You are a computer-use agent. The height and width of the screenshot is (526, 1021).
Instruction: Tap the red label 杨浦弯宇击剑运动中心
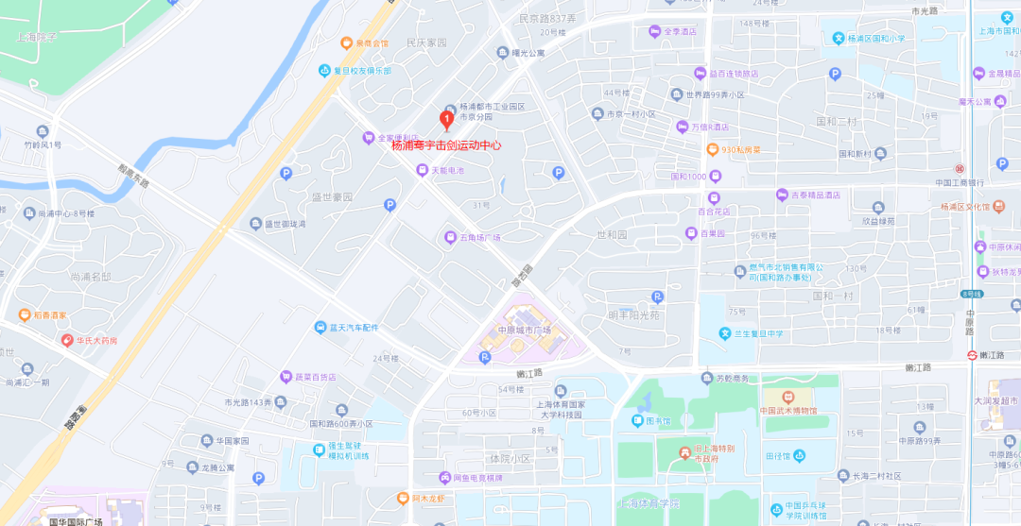(446, 146)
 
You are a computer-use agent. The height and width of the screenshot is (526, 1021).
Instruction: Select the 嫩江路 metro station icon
(972, 354)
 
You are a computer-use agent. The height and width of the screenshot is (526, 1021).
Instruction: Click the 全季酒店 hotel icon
(654, 31)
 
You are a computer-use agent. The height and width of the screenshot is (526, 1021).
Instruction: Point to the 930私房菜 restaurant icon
(713, 149)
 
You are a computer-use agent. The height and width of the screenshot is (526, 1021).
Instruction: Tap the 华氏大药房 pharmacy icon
(67, 340)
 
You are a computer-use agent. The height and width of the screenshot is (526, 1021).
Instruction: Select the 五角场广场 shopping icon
(451, 237)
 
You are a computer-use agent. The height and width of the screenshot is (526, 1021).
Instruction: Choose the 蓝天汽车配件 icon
(320, 327)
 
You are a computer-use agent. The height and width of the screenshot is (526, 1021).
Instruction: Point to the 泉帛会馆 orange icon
(347, 42)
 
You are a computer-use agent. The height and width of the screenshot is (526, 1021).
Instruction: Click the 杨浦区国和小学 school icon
(838, 39)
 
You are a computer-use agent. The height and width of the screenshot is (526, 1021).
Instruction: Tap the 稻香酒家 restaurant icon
(25, 314)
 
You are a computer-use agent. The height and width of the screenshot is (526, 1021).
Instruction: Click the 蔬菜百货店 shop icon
(285, 377)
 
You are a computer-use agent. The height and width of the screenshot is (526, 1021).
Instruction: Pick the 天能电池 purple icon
(423, 170)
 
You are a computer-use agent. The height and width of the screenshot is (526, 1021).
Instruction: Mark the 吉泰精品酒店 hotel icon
(782, 195)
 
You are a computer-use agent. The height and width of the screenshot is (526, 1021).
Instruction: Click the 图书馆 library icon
(638, 421)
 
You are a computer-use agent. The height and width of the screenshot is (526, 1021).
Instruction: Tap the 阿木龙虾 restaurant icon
(402, 498)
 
